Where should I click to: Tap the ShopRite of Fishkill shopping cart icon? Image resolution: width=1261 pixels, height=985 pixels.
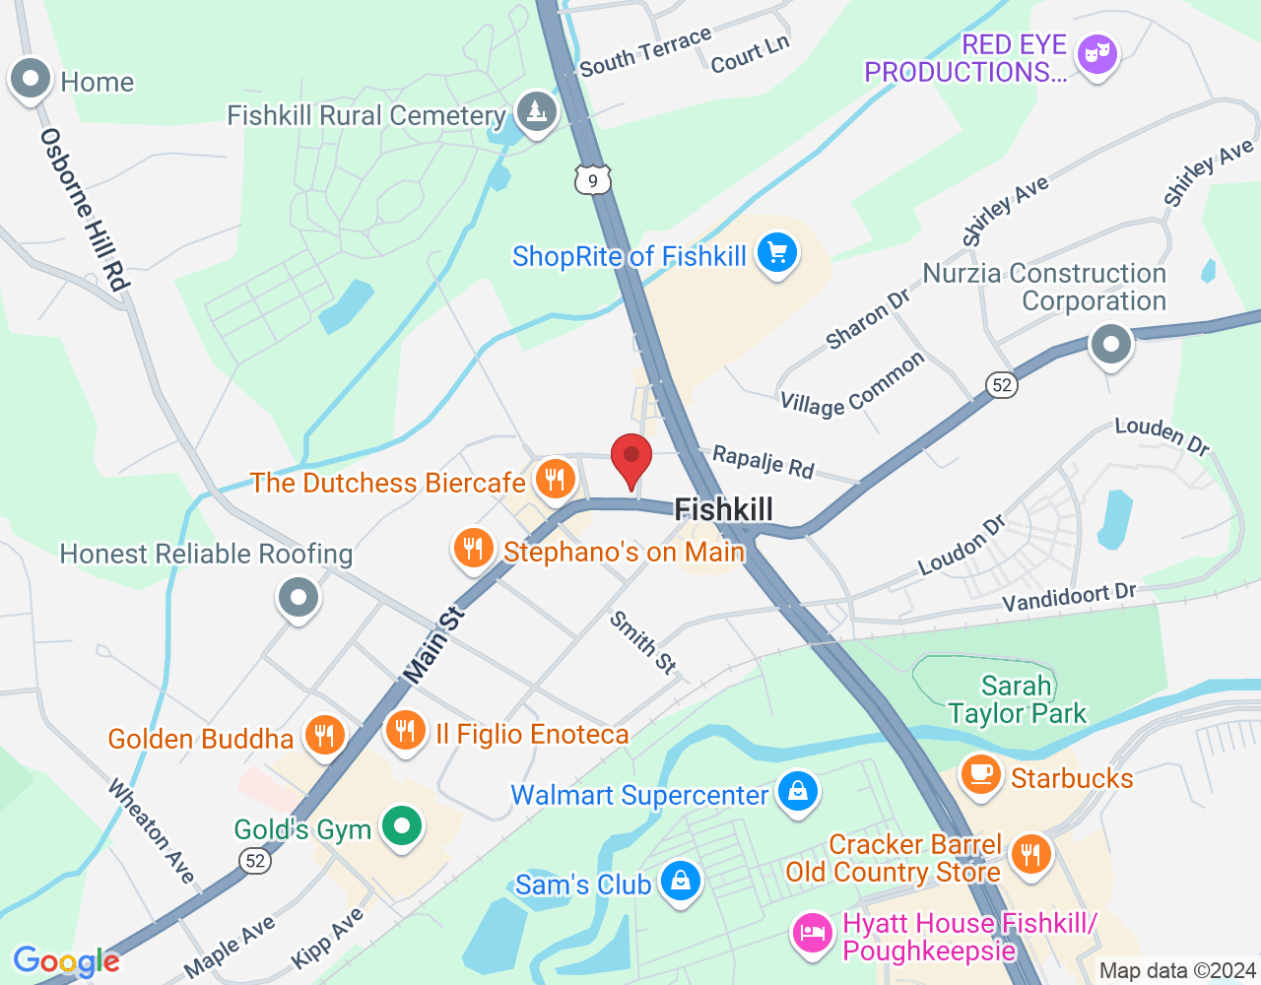(776, 254)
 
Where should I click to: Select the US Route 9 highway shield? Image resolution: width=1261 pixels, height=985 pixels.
(592, 179)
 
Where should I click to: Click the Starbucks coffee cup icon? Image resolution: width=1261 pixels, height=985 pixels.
(979, 774)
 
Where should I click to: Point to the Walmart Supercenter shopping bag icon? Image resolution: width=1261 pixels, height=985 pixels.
(797, 792)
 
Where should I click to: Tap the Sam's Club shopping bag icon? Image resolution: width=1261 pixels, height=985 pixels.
(680, 882)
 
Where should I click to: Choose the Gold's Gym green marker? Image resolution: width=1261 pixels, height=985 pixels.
(401, 826)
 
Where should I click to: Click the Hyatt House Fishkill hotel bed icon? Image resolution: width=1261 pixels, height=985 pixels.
(813, 933)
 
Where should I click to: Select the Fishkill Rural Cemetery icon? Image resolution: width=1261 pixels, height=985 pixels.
(536, 112)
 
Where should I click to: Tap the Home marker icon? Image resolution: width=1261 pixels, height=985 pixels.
(30, 80)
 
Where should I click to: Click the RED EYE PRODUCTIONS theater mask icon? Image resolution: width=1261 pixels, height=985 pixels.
(1095, 53)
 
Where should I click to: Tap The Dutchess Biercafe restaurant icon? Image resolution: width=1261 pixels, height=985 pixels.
(555, 480)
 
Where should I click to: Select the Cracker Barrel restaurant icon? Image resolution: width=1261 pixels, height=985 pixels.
(1030, 853)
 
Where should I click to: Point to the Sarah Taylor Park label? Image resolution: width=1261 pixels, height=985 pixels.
(1017, 699)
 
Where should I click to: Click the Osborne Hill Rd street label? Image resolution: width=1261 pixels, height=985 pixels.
(85, 210)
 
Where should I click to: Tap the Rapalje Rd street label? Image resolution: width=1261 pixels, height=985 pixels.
(763, 461)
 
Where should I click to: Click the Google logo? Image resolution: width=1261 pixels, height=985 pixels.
(66, 961)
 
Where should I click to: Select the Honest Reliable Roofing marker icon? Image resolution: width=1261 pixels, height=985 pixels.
(298, 597)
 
